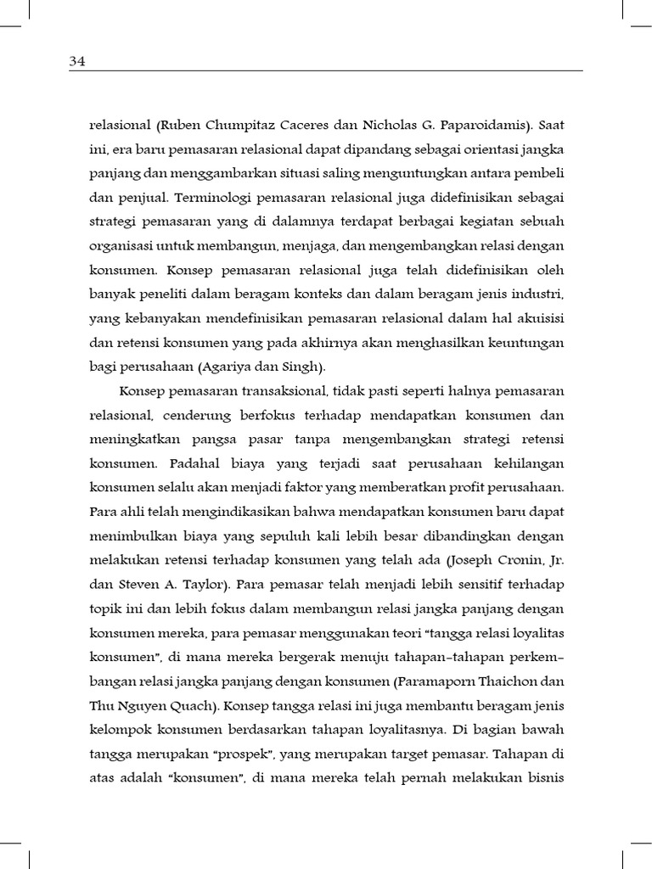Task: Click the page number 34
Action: (78, 61)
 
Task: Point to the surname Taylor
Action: (210, 586)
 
